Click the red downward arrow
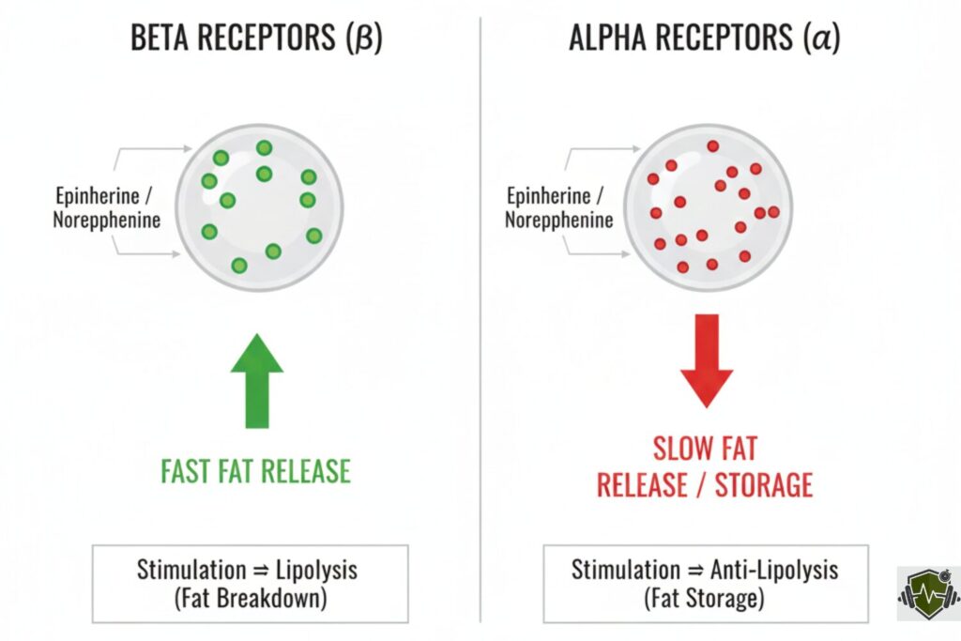[x=706, y=358]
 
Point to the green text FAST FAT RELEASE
[x=255, y=470]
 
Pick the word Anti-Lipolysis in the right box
[x=771, y=570]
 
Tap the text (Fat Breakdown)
[x=250, y=599]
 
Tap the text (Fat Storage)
[x=705, y=599]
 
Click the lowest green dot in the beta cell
[x=239, y=266]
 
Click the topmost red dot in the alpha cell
[x=713, y=145]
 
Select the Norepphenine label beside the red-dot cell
[x=559, y=221]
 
